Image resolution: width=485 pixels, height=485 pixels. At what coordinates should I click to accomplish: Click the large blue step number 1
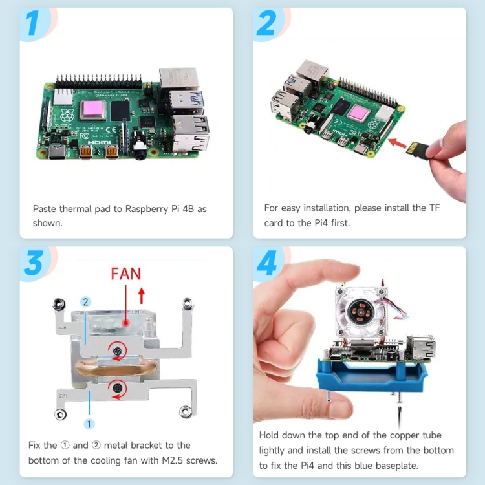click(x=32, y=23)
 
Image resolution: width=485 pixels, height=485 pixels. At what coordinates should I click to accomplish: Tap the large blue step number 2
click(x=266, y=23)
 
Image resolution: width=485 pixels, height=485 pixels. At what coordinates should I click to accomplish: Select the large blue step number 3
click(x=34, y=263)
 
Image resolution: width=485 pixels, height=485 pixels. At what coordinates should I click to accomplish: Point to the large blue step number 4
click(x=267, y=263)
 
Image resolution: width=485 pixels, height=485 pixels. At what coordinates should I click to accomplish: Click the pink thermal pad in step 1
click(x=92, y=109)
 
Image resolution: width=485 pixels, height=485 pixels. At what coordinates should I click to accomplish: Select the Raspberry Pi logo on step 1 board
click(x=67, y=115)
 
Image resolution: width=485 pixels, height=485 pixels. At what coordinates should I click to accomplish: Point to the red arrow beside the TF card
click(x=397, y=143)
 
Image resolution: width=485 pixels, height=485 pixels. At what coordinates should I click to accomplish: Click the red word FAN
click(x=126, y=274)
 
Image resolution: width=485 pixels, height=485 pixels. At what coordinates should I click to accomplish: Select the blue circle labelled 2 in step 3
click(x=85, y=301)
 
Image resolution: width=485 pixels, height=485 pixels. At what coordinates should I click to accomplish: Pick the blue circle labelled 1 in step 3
click(x=89, y=424)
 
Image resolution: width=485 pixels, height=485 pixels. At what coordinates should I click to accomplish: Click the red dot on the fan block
click(x=125, y=323)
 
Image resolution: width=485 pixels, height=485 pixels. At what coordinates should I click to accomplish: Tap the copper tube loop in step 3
click(x=116, y=367)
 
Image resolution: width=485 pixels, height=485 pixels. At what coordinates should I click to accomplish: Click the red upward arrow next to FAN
click(x=142, y=296)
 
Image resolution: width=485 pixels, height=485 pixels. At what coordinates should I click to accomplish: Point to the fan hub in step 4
click(x=361, y=312)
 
